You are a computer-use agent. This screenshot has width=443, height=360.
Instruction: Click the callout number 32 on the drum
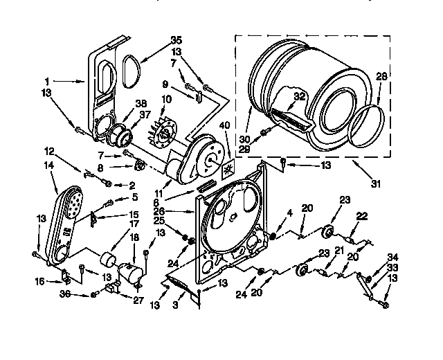point(298,97)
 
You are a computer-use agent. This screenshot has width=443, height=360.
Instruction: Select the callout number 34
point(392,256)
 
